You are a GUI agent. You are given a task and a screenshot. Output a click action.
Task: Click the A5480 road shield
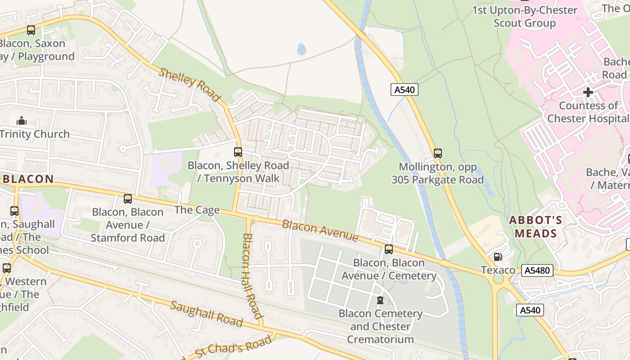tap(537, 271)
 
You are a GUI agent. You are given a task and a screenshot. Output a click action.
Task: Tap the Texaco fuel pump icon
tap(498, 257)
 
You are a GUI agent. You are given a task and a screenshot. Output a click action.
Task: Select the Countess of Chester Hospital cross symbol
tap(588, 92)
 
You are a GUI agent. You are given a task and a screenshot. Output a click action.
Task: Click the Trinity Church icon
tap(21, 121)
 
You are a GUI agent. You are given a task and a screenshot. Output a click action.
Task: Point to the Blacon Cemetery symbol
tap(380, 300)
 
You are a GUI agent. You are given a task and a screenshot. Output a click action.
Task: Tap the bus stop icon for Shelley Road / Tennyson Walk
tap(238, 152)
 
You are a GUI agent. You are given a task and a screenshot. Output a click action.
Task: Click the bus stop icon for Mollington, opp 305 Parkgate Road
tap(438, 153)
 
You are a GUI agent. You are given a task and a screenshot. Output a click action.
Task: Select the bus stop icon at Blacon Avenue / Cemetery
tap(389, 249)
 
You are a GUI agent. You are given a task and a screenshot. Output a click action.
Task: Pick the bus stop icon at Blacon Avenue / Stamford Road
tap(128, 198)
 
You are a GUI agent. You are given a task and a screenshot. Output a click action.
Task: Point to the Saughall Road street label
tap(207, 314)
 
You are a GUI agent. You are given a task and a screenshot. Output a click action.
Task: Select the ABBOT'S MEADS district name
tap(535, 227)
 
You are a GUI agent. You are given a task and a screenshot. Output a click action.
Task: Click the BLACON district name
tap(28, 179)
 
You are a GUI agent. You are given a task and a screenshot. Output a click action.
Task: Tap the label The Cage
tap(197, 210)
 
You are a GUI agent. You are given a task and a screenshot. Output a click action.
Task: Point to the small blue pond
tap(301, 49)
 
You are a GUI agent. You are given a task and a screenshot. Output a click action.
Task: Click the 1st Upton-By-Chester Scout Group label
tap(524, 17)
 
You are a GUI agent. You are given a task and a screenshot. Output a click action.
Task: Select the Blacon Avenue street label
tap(320, 230)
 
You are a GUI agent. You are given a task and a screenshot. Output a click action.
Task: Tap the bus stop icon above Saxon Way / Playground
tap(31, 30)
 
